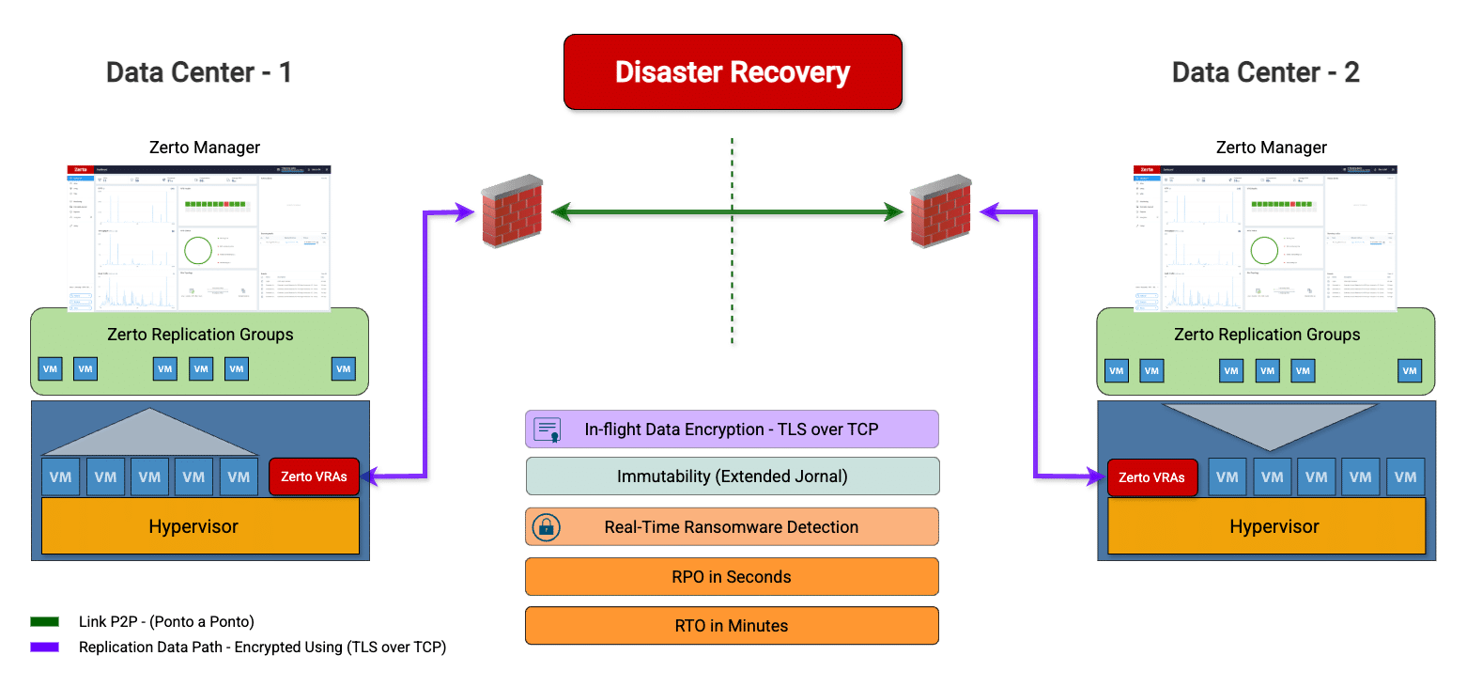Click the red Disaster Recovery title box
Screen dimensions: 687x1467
pos(733,72)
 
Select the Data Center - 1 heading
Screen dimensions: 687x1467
pos(198,72)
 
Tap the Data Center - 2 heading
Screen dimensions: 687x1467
pos(1265,72)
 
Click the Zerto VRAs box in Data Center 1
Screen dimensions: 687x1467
pos(314,476)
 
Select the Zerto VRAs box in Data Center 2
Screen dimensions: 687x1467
pos(1152,477)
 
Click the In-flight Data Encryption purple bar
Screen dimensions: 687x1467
pos(732,429)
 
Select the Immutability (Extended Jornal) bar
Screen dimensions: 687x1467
pos(732,476)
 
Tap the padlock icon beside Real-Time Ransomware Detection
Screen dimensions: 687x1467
pos(546,527)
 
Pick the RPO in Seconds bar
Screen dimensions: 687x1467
pos(732,576)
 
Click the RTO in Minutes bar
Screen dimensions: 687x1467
pos(732,625)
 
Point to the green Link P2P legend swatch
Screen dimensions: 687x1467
pos(44,622)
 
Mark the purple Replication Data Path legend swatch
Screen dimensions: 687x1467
pos(44,647)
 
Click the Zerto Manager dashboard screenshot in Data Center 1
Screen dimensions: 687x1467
pos(199,237)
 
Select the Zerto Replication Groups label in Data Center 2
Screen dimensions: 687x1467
pos(1266,335)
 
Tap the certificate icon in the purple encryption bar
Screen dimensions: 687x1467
pos(547,429)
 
